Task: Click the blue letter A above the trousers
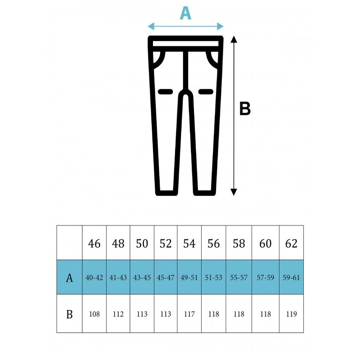(x=185, y=13)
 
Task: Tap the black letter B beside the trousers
(x=245, y=108)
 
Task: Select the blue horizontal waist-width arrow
(x=185, y=27)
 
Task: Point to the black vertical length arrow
(x=234, y=116)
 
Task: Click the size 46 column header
(x=94, y=243)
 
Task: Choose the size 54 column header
(x=189, y=243)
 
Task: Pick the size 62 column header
(x=291, y=243)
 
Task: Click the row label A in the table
(x=69, y=278)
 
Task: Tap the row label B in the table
(x=69, y=314)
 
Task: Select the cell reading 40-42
(x=94, y=278)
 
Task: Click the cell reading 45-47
(x=166, y=278)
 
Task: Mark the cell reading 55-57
(x=239, y=278)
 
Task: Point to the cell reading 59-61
(x=291, y=278)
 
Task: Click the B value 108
(x=94, y=314)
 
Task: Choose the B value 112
(x=118, y=314)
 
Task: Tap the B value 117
(x=189, y=314)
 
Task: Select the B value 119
(x=291, y=314)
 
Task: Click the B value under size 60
(x=265, y=314)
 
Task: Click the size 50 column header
(x=142, y=243)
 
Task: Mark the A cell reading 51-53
(x=213, y=278)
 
